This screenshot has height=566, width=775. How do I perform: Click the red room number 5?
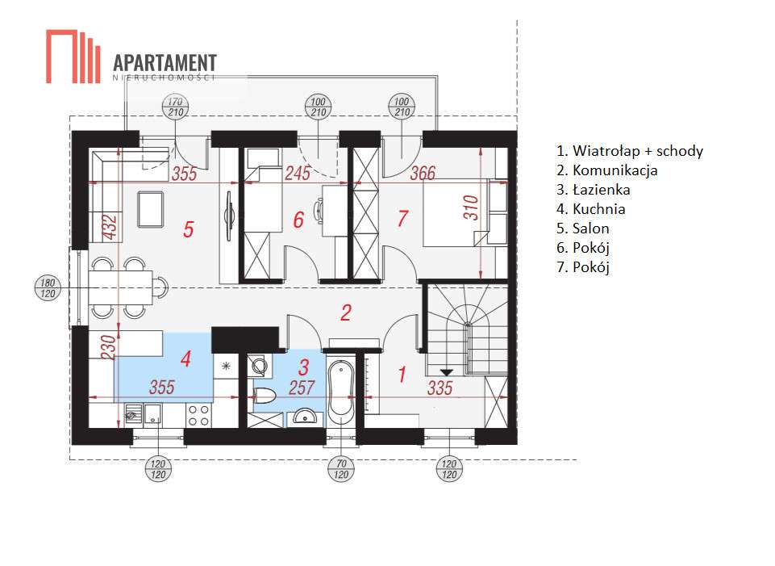tap(189, 229)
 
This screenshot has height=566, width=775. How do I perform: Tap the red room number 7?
tap(402, 218)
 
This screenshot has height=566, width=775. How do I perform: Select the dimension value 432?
tap(110, 227)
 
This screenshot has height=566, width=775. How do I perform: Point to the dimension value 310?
tap(472, 208)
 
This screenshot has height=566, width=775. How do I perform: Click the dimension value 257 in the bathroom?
tap(302, 388)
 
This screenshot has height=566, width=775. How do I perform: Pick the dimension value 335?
tap(440, 388)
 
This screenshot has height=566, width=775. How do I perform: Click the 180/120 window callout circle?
tap(48, 288)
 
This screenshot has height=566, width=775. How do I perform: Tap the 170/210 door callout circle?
tap(176, 107)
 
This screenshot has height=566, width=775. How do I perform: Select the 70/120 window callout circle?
tap(342, 469)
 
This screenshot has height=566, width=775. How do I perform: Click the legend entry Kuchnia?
tap(590, 209)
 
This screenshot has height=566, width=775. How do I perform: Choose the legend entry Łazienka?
tap(593, 190)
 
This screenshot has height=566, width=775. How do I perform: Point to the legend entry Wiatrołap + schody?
tap(630, 151)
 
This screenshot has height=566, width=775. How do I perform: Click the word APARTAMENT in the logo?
tap(165, 63)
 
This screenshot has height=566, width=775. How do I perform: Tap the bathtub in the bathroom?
tap(342, 389)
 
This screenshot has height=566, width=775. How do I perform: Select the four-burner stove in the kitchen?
tap(198, 415)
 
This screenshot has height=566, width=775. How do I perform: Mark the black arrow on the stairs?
tap(447, 372)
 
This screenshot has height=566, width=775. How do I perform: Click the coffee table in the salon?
tap(150, 209)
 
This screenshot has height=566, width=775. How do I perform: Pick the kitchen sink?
tap(143, 415)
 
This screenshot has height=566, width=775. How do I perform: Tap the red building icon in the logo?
tap(73, 57)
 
